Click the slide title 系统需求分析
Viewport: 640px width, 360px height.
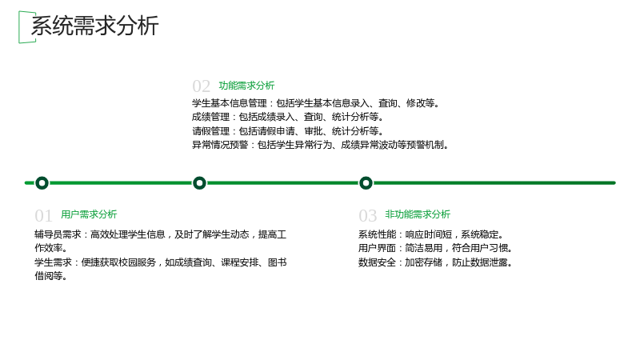tap(94, 26)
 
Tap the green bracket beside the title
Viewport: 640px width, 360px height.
tap(19, 27)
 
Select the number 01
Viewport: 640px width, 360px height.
tap(43, 215)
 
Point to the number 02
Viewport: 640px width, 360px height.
tap(201, 86)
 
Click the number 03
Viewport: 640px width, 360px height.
tap(367, 215)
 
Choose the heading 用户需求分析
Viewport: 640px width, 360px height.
tap(89, 214)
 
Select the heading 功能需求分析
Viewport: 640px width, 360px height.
tap(246, 86)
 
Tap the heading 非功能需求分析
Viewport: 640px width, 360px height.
tap(418, 214)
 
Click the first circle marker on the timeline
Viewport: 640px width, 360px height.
tap(42, 183)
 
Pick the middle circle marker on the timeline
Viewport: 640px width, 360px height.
tap(199, 183)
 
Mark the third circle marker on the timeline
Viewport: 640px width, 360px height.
tap(366, 183)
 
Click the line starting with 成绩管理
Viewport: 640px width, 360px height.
tap(288, 117)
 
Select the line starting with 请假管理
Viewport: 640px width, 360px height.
tap(288, 131)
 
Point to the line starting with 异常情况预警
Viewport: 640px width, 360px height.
tap(321, 145)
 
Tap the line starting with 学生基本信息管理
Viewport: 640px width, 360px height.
tap(316, 103)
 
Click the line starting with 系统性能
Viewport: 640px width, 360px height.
tap(431, 234)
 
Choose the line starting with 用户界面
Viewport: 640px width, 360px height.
tap(435, 248)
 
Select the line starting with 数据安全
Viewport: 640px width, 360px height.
tap(435, 262)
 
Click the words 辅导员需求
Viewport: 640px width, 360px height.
tap(58, 234)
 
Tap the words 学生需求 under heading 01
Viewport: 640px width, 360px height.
tap(53, 262)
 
